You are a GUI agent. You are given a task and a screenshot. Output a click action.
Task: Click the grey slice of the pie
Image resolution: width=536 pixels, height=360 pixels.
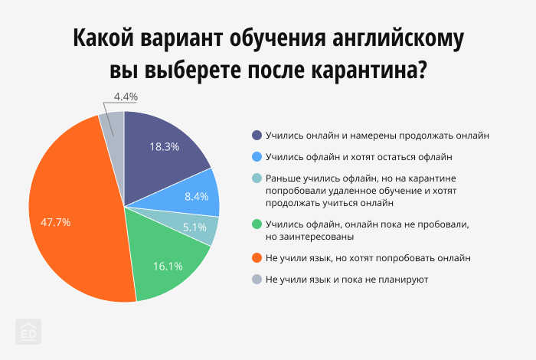pyautogui.click(x=113, y=126)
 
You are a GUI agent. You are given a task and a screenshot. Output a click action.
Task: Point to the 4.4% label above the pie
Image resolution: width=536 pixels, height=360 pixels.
pyautogui.click(x=125, y=97)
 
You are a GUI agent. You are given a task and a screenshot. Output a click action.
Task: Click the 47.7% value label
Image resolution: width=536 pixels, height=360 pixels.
pyautogui.click(x=55, y=223)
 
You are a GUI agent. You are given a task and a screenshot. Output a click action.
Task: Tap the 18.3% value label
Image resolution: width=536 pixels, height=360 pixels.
pyautogui.click(x=165, y=146)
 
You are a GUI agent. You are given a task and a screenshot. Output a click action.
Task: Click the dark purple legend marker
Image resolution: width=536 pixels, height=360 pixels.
pyautogui.click(x=257, y=136)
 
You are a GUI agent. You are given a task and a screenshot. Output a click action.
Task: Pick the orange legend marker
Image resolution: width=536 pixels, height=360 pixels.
pyautogui.click(x=257, y=258)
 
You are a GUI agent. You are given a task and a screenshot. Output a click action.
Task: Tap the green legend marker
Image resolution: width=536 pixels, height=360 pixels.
pyautogui.click(x=257, y=224)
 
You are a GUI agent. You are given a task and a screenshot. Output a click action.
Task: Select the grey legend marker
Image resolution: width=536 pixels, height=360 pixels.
pyautogui.click(x=257, y=280)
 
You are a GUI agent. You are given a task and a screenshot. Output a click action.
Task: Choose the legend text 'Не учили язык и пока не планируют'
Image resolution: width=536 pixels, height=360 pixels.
pyautogui.click(x=347, y=280)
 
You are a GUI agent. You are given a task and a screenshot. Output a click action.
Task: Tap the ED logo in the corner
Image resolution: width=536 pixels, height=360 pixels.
pyautogui.click(x=29, y=331)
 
